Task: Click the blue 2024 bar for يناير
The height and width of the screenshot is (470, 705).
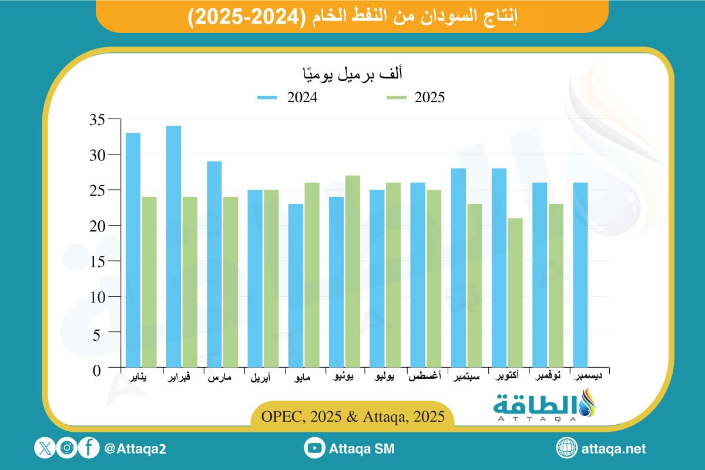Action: [x=133, y=251]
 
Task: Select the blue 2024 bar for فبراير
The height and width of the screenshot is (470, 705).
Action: [x=174, y=247]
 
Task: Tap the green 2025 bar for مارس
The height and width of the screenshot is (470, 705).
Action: [x=230, y=283]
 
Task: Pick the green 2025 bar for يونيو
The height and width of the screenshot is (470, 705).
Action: [x=352, y=272]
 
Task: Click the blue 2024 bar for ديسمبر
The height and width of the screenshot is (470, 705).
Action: [x=580, y=276]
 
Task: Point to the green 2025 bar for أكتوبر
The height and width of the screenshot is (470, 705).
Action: [x=515, y=293]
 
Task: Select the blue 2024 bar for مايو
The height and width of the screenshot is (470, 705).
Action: [x=296, y=286]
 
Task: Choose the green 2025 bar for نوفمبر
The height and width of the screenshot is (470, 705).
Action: [x=556, y=286]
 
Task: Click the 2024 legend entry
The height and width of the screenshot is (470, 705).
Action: [x=288, y=98]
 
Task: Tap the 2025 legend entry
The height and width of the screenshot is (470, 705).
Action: [x=415, y=98]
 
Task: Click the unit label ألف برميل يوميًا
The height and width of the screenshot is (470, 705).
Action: [x=351, y=75]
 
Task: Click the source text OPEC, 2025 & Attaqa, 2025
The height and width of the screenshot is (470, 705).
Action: [x=352, y=416]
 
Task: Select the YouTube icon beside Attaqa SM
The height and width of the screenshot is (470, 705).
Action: [x=315, y=449]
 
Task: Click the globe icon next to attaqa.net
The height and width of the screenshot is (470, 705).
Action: [x=567, y=449]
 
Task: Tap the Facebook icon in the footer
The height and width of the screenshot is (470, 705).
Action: [x=88, y=449]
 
